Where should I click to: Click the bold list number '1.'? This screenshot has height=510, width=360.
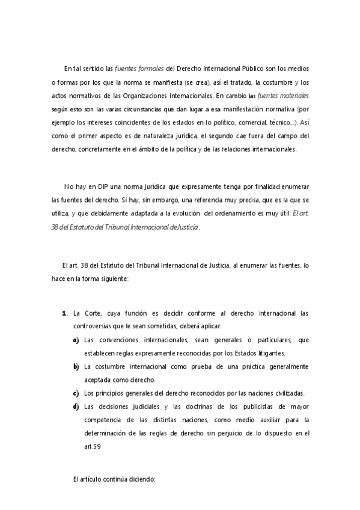pos(64,313)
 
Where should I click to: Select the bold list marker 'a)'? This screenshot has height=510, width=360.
pos(76,340)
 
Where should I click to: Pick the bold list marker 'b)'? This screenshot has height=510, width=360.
pos(76,366)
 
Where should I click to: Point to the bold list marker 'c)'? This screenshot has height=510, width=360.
pos(76,393)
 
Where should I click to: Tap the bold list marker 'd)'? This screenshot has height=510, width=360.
pos(76,406)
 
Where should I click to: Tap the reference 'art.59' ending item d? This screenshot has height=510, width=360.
pos(93,446)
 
